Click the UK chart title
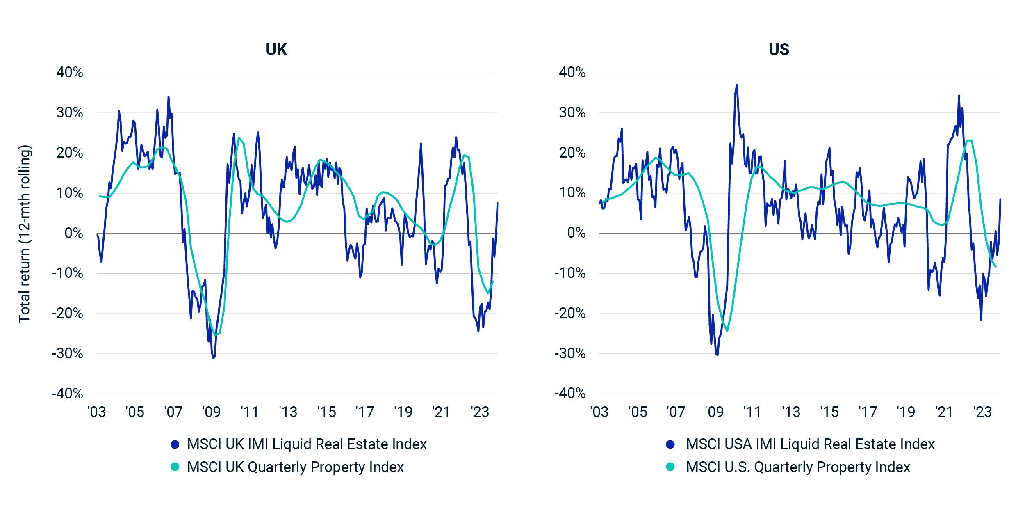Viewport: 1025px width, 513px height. (x=276, y=50)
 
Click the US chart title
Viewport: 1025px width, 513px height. (x=779, y=50)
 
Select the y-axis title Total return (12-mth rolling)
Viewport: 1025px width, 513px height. (x=25, y=234)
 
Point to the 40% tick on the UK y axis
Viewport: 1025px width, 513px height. (x=70, y=73)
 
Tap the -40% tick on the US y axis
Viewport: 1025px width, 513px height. (x=570, y=394)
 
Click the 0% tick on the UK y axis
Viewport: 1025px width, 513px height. (x=74, y=233)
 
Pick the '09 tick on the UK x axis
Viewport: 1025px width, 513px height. (x=211, y=412)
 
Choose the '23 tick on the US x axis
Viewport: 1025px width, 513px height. (x=983, y=412)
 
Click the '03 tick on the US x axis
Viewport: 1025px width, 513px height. (x=599, y=412)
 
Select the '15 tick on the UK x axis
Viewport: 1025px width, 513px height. (x=326, y=412)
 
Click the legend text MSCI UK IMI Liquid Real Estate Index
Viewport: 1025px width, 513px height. (x=307, y=444)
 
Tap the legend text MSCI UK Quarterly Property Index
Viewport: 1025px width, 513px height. (x=295, y=467)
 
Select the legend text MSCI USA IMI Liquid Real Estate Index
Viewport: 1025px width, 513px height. (x=810, y=444)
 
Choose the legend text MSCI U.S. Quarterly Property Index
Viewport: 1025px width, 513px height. (x=798, y=467)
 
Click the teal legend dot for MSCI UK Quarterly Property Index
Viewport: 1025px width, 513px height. (x=175, y=467)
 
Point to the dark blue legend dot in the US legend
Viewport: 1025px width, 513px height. (x=670, y=444)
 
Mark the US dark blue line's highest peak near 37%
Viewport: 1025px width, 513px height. (x=737, y=85)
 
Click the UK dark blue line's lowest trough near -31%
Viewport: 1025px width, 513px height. (x=213, y=358)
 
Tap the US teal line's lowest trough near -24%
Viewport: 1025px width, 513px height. (x=727, y=331)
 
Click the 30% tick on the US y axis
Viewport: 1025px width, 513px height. (x=572, y=113)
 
